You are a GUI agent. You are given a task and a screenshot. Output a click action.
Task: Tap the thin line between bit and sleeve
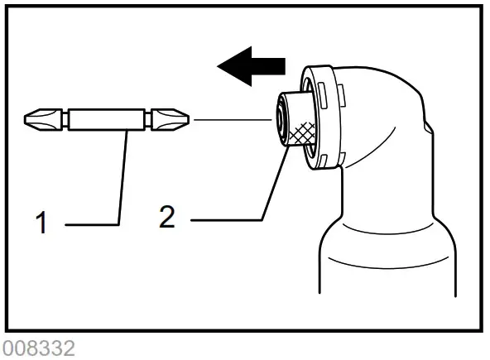pyautogui.click(x=232, y=120)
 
